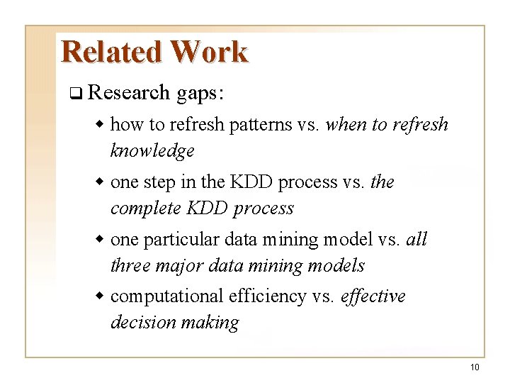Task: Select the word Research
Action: (130, 92)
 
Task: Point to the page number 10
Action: (474, 367)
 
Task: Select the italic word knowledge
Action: (152, 151)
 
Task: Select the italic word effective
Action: (373, 296)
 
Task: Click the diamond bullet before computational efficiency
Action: (101, 296)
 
